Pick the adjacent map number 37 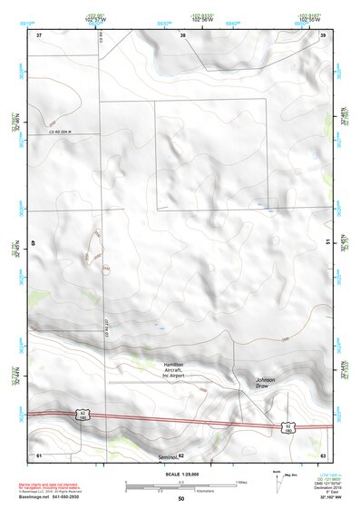coord(39,34)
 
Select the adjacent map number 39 coord(323,34)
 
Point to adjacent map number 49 coord(34,243)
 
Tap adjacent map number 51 coord(327,243)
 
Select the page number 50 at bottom coord(180,499)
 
